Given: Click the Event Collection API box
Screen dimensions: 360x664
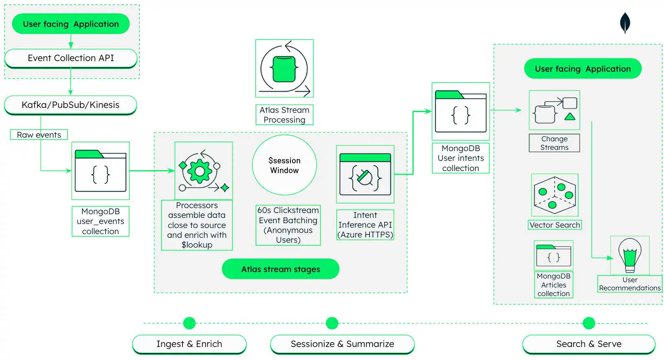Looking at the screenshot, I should pos(70,58).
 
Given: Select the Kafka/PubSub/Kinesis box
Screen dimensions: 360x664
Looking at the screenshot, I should pos(70,105).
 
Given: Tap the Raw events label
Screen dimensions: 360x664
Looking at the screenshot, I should pos(39,135).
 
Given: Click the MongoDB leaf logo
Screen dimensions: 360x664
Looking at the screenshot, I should pos(625,23).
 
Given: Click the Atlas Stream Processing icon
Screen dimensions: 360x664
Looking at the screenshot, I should pos(284,68).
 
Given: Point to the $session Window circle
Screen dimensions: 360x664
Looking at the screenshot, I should pos(284,165).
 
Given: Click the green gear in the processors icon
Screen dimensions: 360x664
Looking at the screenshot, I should pos(199,171).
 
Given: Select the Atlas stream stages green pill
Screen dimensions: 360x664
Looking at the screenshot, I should pos(280,269).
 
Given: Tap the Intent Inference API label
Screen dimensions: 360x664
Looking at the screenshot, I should pos(365,225).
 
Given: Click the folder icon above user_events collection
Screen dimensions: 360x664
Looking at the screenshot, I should pos(101,171).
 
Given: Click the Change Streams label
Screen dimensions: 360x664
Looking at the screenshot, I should pos(554,143).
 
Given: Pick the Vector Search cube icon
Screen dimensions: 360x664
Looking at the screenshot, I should pos(554,195).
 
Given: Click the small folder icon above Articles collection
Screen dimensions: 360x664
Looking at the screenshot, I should pos(553,255).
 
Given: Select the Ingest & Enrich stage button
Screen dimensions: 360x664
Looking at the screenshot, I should pos(189,344).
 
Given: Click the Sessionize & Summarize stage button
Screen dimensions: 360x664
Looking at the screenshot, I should pos(342,344).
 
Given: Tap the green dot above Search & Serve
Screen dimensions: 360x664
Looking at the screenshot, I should pos(589,323).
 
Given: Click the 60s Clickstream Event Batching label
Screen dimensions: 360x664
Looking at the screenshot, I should pos(288,225).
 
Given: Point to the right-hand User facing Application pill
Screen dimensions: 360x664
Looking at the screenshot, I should pos(583,69).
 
